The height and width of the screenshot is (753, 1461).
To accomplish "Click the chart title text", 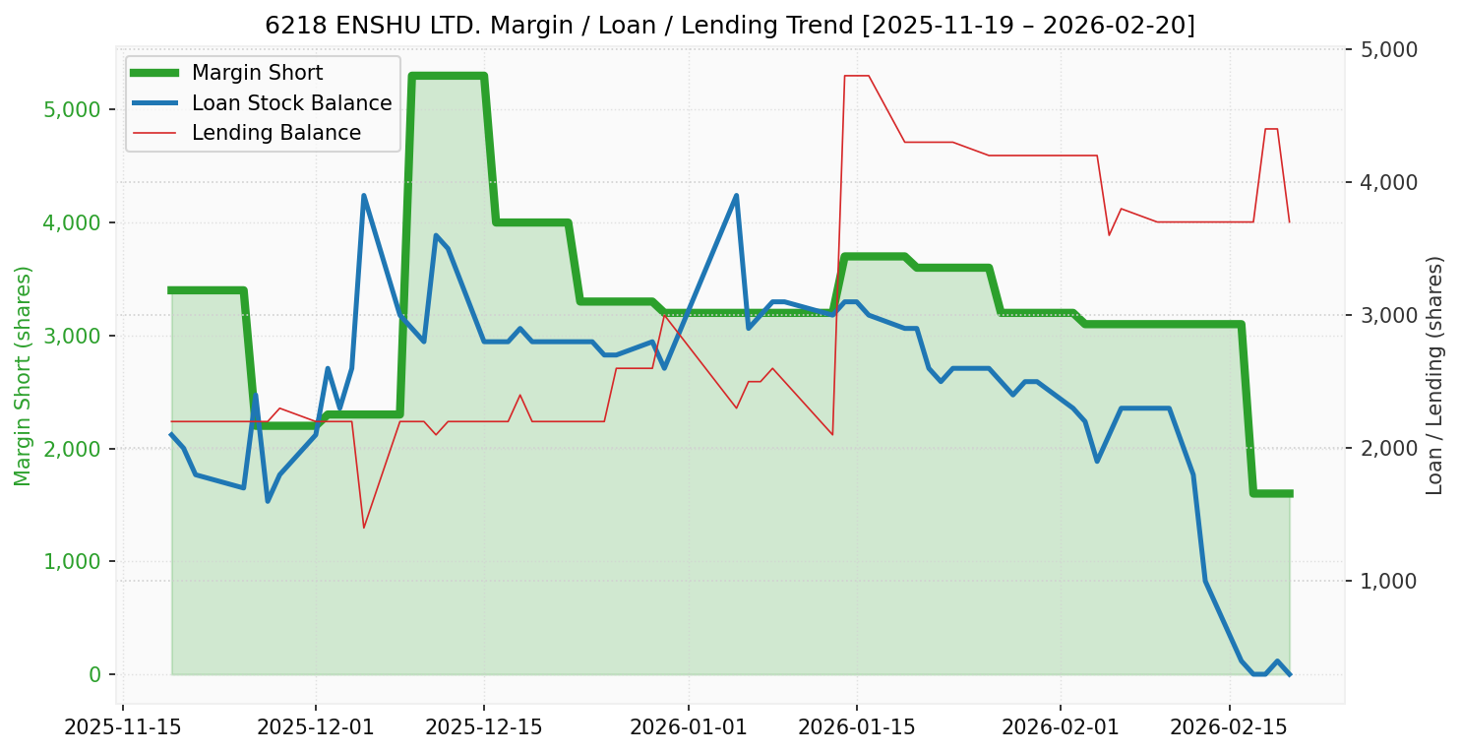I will click(730, 26).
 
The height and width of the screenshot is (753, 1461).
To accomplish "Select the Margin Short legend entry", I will click(257, 73).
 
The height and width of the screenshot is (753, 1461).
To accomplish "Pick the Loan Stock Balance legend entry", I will click(291, 103).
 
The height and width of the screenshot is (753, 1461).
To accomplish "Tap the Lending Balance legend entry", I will click(275, 133).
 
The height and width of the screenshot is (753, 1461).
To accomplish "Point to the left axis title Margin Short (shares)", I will click(24, 376).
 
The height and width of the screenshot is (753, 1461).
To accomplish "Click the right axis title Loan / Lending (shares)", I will click(1434, 376).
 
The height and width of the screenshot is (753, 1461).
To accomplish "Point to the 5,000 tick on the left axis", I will click(75, 109).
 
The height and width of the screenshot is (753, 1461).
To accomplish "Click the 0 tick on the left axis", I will click(95, 675).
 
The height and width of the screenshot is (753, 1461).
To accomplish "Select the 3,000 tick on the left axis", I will click(75, 336).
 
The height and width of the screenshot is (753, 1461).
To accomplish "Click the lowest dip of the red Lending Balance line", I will click(364, 528).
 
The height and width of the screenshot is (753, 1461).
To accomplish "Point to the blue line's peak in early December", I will click(364, 196).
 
